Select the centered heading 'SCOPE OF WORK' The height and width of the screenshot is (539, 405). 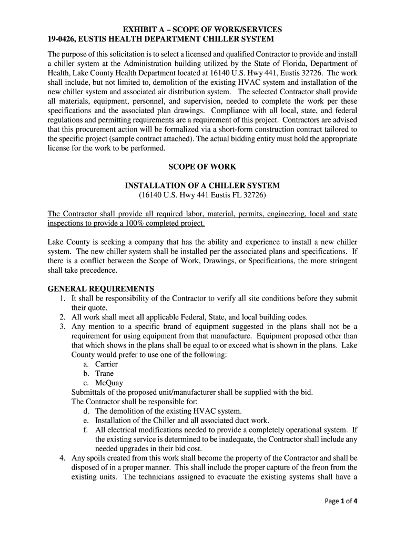click(x=202, y=167)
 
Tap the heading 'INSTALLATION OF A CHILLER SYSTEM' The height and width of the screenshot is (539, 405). click(x=202, y=186)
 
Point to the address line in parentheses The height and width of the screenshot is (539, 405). click(x=202, y=195)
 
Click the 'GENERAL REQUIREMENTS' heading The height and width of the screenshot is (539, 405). click(x=101, y=289)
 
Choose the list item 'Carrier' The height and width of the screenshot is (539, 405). click(x=106, y=364)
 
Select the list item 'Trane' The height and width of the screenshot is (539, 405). click(x=104, y=374)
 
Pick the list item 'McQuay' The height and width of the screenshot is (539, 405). click(x=109, y=383)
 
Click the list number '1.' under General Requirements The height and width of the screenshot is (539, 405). click(x=62, y=298)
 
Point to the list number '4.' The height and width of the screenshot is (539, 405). click(x=62, y=458)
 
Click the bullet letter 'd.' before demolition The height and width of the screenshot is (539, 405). click(x=86, y=411)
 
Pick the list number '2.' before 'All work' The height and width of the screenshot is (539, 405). click(x=62, y=317)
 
